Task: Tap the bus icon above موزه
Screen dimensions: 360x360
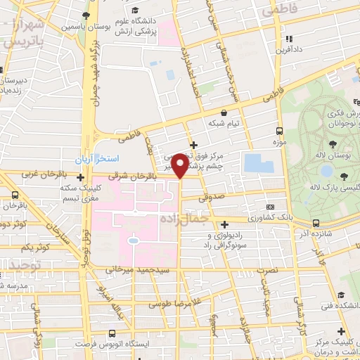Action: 281,131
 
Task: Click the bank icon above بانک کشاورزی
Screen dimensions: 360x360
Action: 271,207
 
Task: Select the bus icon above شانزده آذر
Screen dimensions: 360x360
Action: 320,221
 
